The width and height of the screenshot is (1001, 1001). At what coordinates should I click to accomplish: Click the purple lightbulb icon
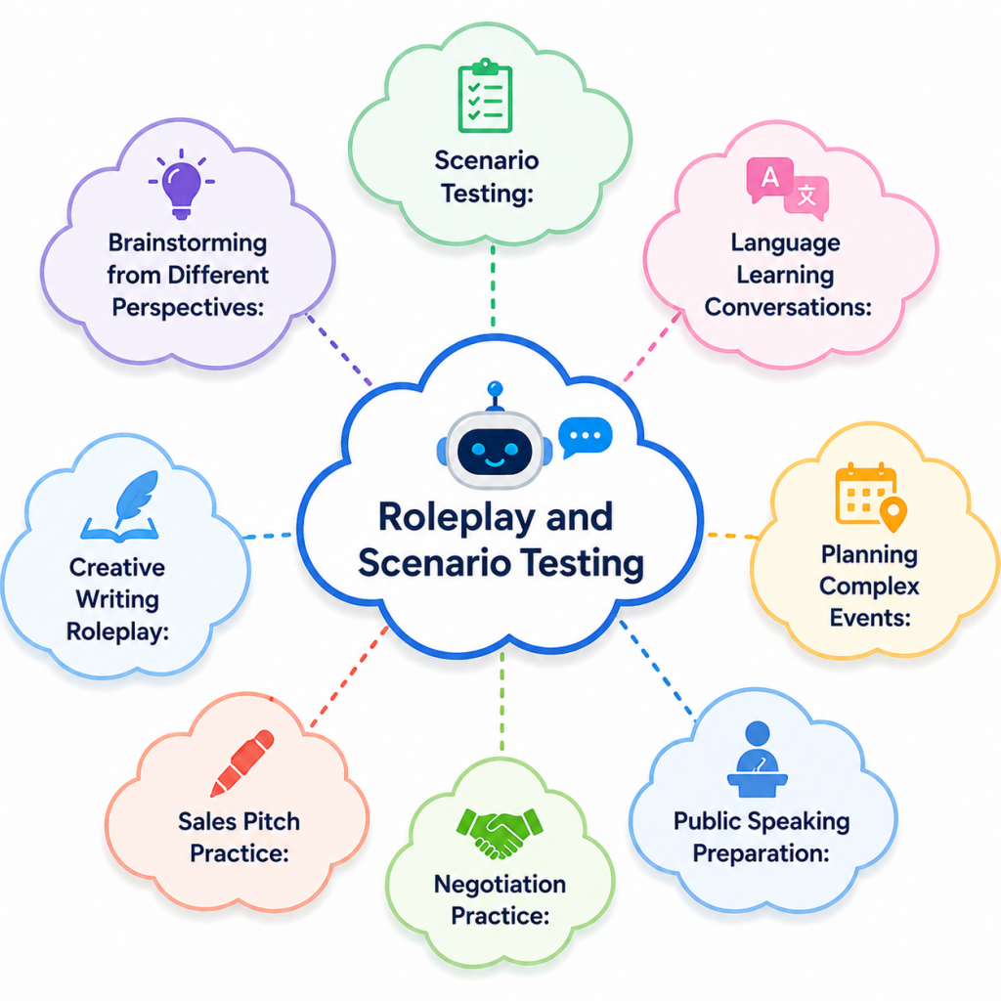182,184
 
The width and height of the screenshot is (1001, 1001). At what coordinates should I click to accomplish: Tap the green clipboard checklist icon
485,96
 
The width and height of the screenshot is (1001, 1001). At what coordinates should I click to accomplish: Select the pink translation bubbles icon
788,188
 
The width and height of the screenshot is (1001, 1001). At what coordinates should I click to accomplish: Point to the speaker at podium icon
758,759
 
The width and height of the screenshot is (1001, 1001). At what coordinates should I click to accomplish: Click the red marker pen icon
242,762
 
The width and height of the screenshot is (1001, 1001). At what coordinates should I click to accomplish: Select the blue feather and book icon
121,507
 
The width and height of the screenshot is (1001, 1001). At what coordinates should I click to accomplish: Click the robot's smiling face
495,451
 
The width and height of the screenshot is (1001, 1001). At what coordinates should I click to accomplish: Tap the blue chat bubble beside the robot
585,437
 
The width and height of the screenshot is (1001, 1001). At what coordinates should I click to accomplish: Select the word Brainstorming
188,243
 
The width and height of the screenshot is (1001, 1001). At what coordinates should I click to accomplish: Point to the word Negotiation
500,884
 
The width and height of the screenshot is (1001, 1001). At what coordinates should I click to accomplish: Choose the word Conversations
788,307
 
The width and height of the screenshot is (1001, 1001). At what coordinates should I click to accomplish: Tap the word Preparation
761,853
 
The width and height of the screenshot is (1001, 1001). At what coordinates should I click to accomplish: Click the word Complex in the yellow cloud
869,587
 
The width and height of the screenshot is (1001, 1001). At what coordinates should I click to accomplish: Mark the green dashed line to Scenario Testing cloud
493,286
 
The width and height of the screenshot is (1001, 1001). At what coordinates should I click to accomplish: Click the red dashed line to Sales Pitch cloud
349,677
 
